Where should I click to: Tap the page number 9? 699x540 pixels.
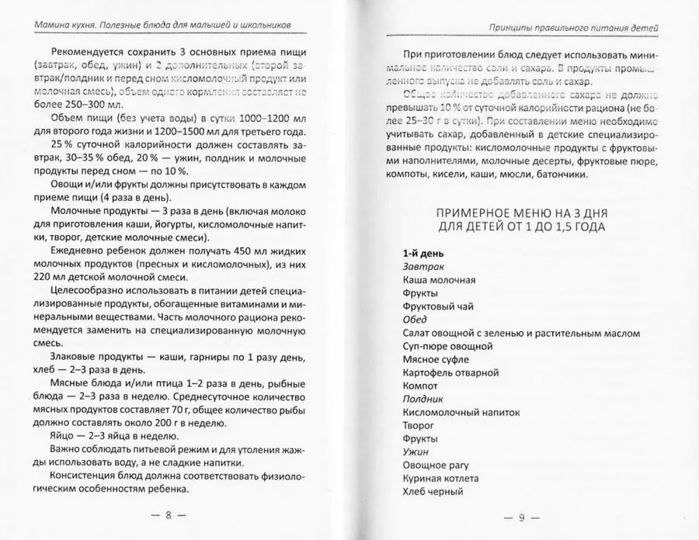click(522, 518)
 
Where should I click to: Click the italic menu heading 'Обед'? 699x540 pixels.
click(416, 320)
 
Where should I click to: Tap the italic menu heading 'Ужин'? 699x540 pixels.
click(416, 452)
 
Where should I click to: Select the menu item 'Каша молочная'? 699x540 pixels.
click(439, 280)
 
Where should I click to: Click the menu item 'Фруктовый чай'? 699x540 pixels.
click(438, 306)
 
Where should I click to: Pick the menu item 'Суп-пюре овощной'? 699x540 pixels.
click(448, 346)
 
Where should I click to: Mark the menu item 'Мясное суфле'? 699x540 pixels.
click(435, 359)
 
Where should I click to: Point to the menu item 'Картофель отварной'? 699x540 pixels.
click(450, 372)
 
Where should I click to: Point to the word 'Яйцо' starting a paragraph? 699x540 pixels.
click(64, 435)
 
